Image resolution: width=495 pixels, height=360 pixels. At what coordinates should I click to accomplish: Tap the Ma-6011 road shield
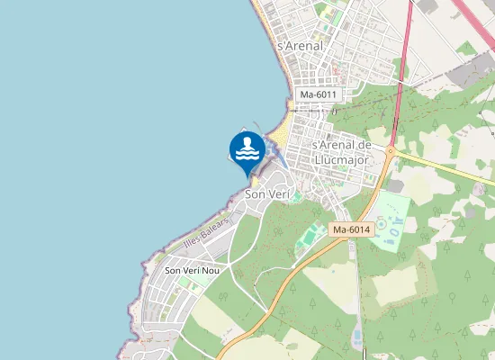coord(319,94)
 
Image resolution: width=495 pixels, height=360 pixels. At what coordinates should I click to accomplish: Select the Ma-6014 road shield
coord(350,230)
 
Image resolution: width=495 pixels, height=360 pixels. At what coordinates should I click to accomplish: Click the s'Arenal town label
coord(301,46)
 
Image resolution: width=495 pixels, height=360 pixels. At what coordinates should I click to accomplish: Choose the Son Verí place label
coord(268,194)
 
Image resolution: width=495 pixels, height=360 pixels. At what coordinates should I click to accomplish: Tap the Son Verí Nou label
coord(191,270)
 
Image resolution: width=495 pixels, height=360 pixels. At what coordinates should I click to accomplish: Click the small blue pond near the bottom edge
coord(357,337)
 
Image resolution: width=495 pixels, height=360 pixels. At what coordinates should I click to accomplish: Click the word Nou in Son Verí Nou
coord(211,270)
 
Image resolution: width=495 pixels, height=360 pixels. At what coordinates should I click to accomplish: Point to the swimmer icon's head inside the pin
coord(247,142)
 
